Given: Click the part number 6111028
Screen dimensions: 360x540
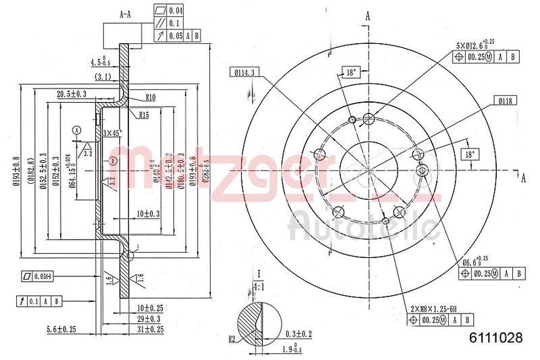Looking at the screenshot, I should coord(495,339).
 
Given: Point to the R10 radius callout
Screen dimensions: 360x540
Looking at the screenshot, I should coord(150,97).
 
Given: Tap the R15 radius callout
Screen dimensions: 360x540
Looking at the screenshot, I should coord(144,115).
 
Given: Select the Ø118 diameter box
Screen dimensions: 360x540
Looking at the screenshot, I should coord(503,101).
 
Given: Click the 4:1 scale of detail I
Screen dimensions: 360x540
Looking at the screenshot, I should coord(259,285).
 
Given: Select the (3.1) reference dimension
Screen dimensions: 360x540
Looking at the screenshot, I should coord(103,76).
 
